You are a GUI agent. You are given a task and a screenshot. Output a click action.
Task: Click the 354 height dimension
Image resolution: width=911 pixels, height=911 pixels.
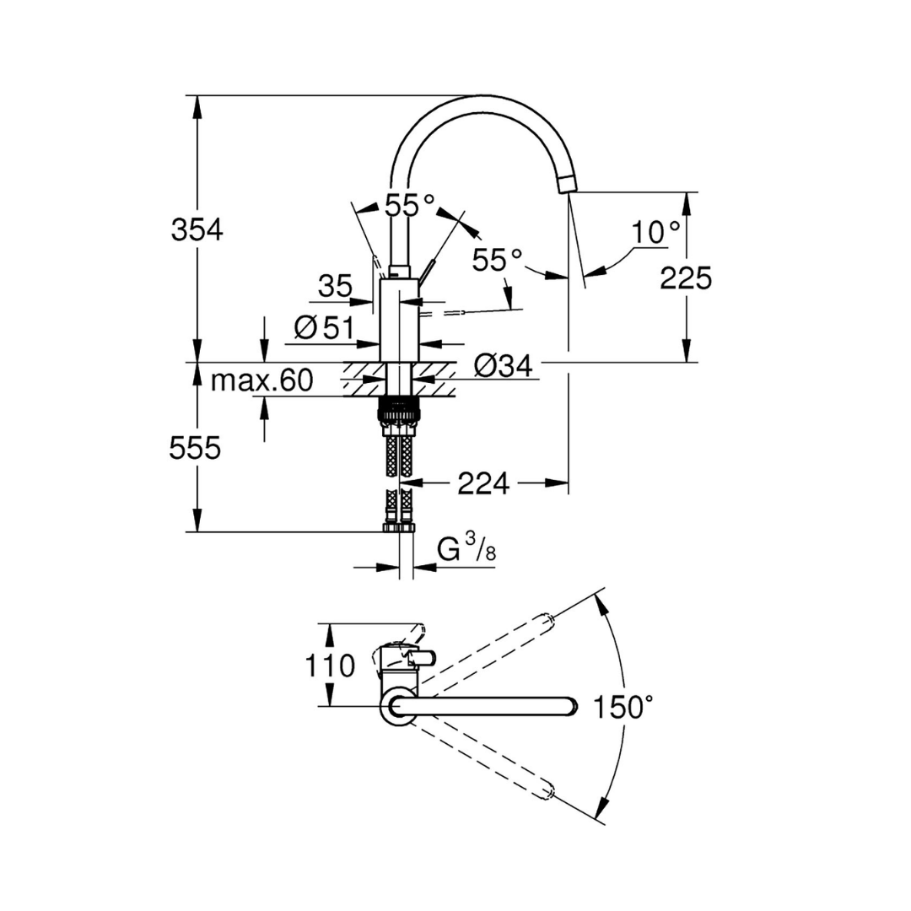197,229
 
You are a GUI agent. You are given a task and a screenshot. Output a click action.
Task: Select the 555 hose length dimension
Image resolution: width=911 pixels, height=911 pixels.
195,448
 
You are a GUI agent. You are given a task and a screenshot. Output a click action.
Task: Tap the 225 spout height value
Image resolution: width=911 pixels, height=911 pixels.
686,278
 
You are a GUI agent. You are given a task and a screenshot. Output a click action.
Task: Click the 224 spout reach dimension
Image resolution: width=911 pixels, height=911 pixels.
483,483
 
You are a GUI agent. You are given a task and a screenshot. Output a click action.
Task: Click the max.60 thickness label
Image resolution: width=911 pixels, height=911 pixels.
261,381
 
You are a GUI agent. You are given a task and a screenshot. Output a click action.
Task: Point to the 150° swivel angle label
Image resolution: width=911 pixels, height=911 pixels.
622,707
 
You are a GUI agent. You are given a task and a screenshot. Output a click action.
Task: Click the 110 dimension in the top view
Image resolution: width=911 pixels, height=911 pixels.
330,666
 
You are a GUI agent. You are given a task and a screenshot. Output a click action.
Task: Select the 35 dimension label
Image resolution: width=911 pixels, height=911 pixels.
335,287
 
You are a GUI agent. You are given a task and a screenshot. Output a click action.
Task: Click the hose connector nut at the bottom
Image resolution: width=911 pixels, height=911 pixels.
399,527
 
